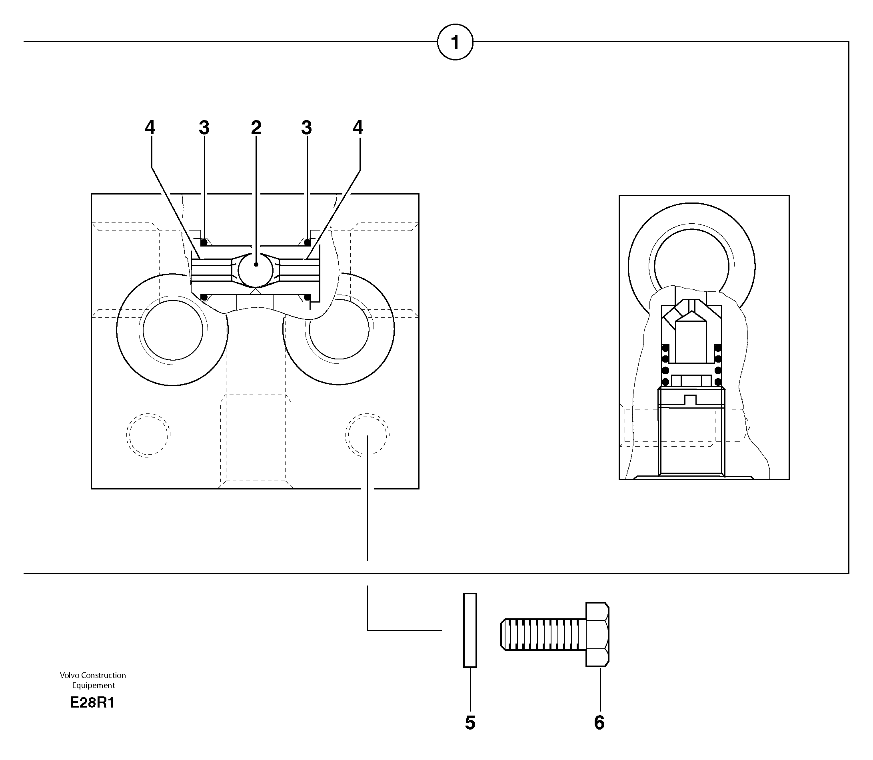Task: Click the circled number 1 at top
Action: click(x=455, y=42)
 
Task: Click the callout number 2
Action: click(x=256, y=127)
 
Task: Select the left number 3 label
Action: click(x=204, y=127)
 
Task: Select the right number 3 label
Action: click(x=306, y=127)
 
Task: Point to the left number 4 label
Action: click(x=150, y=127)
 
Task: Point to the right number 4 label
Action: click(x=358, y=127)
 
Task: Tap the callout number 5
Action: click(x=470, y=723)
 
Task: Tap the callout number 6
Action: click(x=599, y=723)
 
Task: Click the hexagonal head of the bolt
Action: click(x=597, y=634)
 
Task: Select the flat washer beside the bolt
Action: click(x=470, y=630)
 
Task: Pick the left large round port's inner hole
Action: click(x=172, y=330)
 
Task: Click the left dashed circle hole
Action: click(x=148, y=435)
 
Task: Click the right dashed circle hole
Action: click(x=367, y=435)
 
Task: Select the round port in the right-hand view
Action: click(x=691, y=259)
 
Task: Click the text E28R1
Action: click(x=92, y=703)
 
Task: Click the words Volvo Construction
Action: click(x=93, y=675)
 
